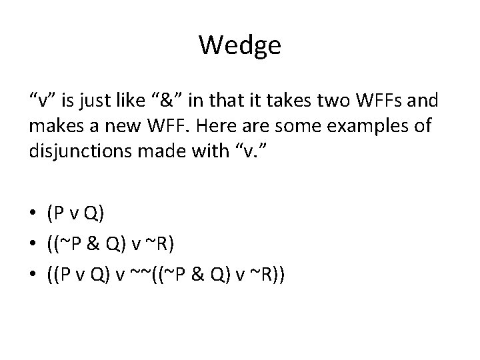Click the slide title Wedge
coord(240,45)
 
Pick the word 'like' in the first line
coord(130,101)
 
